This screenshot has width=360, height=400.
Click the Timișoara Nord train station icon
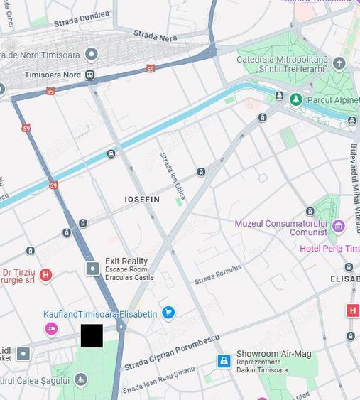click(x=90, y=75)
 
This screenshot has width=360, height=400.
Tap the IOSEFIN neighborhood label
click(x=142, y=200)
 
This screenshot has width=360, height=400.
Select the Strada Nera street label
click(x=156, y=35)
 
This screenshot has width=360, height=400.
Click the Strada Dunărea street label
click(x=82, y=18)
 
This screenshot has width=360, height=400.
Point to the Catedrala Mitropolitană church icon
click(x=339, y=63)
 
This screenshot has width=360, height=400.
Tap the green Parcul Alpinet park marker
click(x=296, y=100)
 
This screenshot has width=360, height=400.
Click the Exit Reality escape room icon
click(x=92, y=268)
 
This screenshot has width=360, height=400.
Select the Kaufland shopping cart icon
click(x=168, y=313)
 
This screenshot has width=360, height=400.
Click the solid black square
click(x=92, y=335)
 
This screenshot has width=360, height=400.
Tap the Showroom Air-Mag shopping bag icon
click(x=224, y=362)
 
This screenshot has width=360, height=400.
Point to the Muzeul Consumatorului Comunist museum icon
click(x=338, y=227)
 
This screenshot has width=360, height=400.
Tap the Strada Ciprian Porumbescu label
click(x=172, y=353)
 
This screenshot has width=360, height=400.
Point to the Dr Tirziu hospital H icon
click(x=46, y=275)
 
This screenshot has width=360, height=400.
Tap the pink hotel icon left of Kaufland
click(x=51, y=328)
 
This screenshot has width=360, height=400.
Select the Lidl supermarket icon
click(x=23, y=353)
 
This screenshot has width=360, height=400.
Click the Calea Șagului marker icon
click(x=81, y=379)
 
